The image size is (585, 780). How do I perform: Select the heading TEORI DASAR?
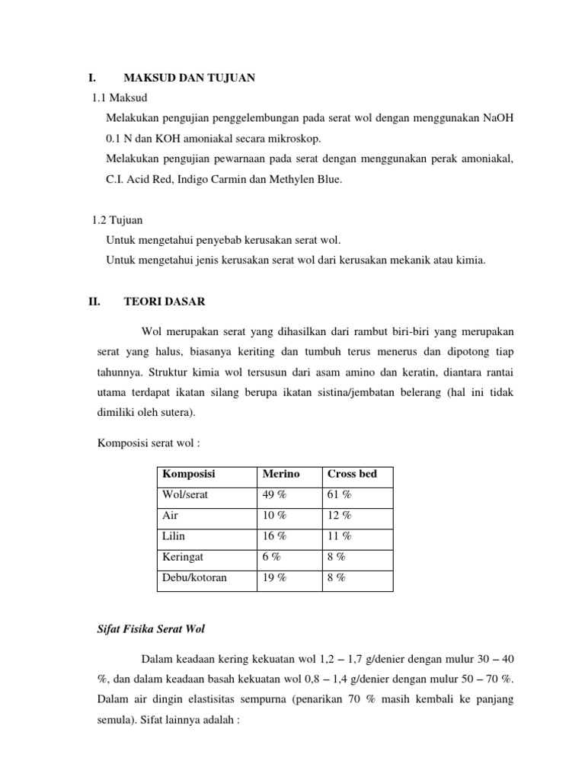click(164, 302)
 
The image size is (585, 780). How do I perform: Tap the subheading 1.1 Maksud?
click(120, 98)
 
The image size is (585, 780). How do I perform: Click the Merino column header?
click(281, 474)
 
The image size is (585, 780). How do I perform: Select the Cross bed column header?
click(352, 474)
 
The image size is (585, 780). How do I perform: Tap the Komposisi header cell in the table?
click(189, 474)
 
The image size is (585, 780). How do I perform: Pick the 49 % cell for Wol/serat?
click(275, 494)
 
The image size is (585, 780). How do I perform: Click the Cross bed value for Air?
click(340, 516)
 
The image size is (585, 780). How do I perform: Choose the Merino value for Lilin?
click(275, 536)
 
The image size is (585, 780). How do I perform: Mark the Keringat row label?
click(183, 557)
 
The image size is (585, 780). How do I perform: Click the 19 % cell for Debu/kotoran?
click(275, 578)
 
